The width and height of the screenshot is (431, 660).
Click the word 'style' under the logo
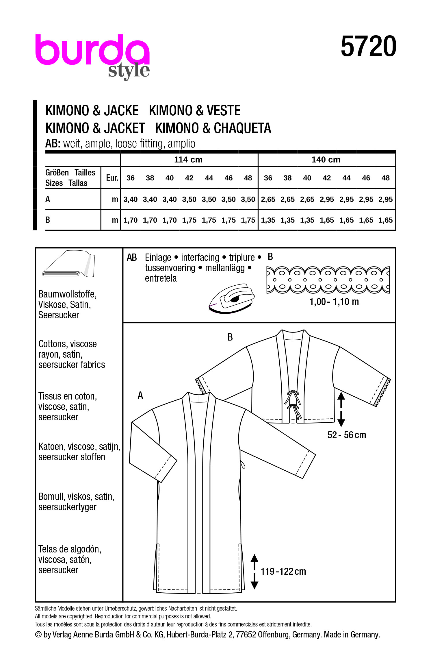[129, 71]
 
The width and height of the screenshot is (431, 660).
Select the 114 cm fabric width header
[188, 160]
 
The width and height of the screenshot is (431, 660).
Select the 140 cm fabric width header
[326, 160]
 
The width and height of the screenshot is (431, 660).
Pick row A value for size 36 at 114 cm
[130, 199]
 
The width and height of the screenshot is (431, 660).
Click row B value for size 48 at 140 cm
[385, 220]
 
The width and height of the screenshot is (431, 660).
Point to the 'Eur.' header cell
[112, 178]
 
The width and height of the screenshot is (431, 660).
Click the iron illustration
[232, 298]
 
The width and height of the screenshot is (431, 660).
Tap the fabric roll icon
[69, 264]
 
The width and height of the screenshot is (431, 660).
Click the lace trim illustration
[328, 280]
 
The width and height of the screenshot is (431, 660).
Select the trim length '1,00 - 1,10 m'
[334, 302]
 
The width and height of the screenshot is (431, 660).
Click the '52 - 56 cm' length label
[347, 435]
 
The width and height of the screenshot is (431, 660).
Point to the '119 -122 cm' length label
[283, 571]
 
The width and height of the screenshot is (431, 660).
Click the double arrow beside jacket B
[341, 409]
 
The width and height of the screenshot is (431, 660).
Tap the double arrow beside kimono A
[254, 571]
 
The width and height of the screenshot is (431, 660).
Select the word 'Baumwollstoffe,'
[67, 294]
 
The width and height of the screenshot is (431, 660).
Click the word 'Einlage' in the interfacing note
[158, 257]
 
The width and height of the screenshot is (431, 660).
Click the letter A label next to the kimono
[140, 395]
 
